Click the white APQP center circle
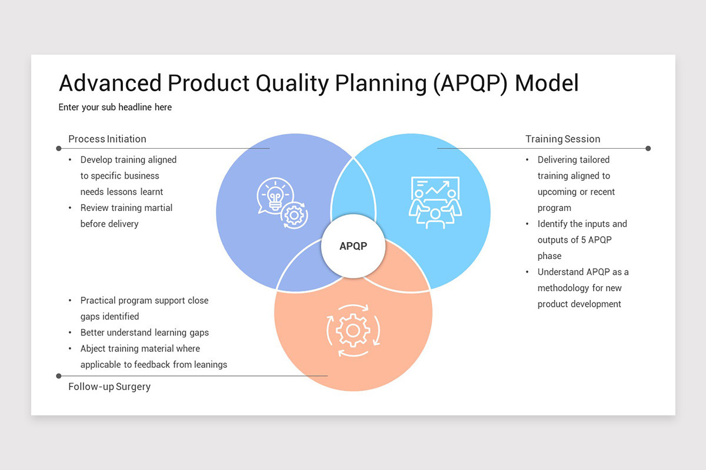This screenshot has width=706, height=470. (353, 246)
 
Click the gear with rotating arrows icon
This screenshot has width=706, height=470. (353, 330)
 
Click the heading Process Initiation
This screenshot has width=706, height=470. (107, 139)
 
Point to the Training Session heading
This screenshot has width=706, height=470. (562, 139)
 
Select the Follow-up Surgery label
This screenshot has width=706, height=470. (109, 387)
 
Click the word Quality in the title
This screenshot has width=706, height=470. (292, 83)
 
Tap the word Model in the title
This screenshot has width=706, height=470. (547, 83)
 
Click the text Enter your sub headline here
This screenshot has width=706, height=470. (115, 108)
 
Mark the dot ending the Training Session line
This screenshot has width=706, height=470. (648, 149)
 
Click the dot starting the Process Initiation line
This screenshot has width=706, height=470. (59, 149)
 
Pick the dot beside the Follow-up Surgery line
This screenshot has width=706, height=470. (59, 376)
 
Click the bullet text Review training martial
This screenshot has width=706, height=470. (126, 208)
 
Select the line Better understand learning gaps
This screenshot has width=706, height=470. (145, 333)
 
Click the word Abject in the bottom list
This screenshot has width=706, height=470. (94, 348)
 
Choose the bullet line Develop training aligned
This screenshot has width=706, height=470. (128, 160)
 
